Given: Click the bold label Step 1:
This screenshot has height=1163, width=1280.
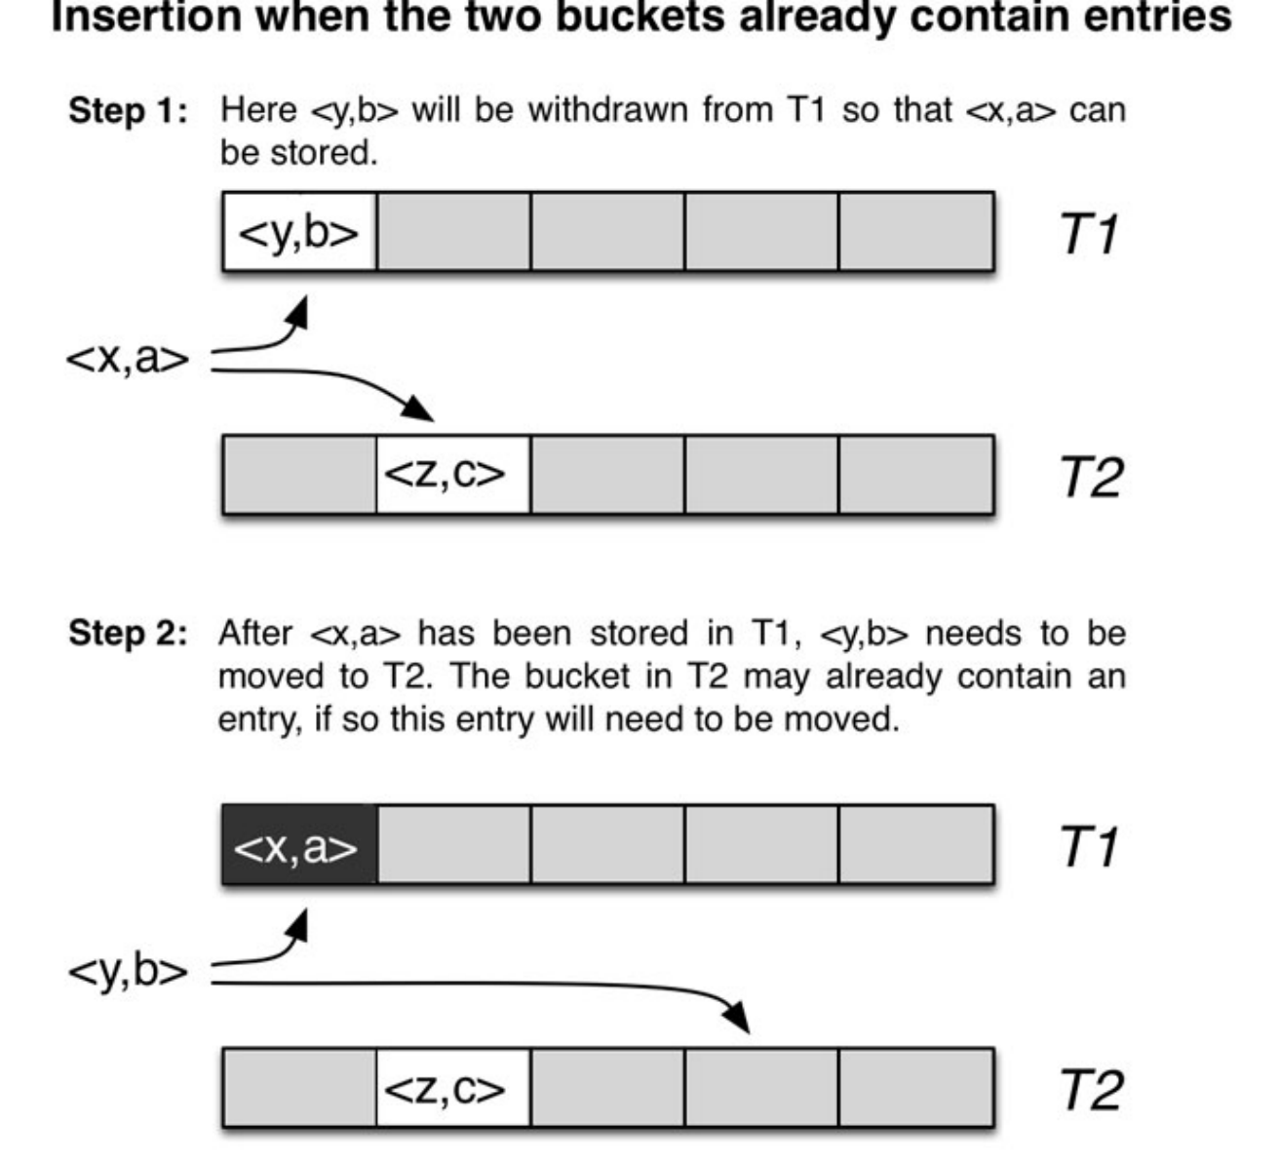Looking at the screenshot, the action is click(129, 111).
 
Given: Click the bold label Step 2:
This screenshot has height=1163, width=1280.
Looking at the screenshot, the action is click(129, 634).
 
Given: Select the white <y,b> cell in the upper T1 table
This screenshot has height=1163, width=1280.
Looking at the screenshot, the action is click(299, 232).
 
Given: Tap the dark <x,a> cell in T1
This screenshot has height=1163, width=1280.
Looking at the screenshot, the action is click(299, 844).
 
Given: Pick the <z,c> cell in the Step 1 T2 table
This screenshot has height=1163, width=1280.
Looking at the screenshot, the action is click(453, 474).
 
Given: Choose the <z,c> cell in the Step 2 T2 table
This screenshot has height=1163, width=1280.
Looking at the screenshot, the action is click(453, 1088).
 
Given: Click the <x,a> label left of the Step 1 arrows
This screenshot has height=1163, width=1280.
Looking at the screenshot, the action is click(128, 359).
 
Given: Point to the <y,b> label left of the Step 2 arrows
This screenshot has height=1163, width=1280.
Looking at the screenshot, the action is click(128, 972).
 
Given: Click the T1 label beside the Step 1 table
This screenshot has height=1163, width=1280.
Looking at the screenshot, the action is click(1089, 234).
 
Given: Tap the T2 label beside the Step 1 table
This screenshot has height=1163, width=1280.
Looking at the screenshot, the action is click(1091, 477).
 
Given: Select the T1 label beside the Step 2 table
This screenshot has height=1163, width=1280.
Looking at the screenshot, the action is click(1089, 846).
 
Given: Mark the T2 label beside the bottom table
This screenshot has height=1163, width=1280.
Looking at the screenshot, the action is click(1091, 1090).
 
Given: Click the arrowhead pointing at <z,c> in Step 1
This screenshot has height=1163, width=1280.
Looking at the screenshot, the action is click(418, 408).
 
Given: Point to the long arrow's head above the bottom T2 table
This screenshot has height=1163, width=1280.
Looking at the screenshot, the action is click(738, 1017).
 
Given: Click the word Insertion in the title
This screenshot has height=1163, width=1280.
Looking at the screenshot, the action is click(146, 17).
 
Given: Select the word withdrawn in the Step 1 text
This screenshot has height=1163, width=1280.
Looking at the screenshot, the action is click(608, 110).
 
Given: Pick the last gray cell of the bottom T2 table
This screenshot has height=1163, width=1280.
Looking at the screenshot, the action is click(915, 1088).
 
